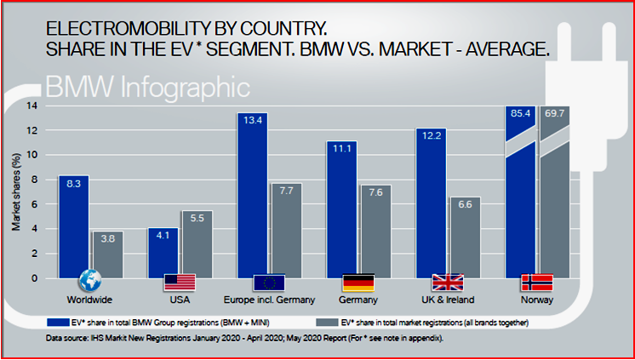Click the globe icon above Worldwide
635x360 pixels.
coord(90,282)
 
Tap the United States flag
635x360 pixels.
coord(180,283)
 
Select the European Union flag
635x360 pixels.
coord(270,283)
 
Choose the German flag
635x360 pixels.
coord(358,283)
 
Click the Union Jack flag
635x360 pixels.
coord(448,283)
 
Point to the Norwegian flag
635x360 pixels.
coord(536,283)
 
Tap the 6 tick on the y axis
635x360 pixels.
coord(35,204)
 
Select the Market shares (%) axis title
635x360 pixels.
coord(15,191)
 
